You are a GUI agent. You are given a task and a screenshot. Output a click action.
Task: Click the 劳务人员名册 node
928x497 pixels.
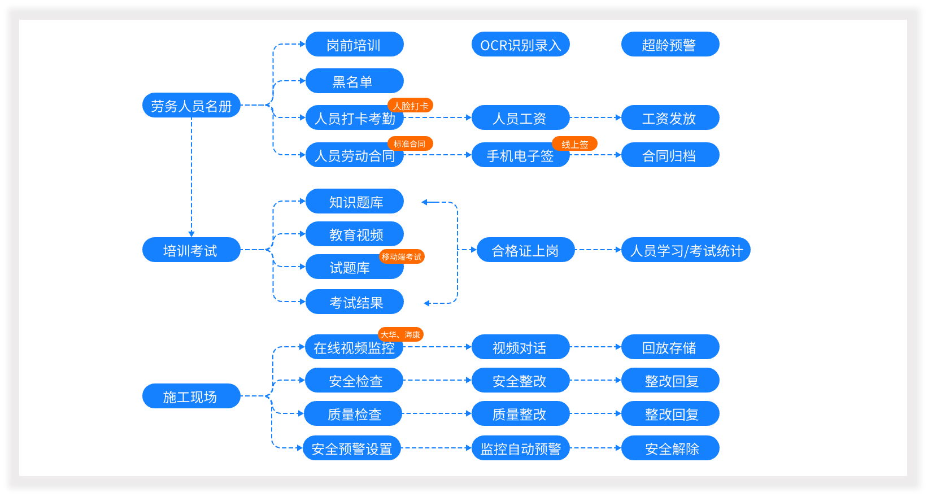point(191,106)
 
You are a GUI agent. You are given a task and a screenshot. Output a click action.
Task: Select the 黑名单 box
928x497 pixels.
point(354,81)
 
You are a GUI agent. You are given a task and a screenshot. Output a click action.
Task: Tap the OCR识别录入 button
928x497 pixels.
point(520,45)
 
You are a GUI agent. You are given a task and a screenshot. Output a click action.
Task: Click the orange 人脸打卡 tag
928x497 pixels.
point(411,106)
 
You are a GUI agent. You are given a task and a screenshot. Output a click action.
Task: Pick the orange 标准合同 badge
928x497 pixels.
point(409,144)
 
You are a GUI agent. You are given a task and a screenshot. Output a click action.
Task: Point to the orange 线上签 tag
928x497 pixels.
point(574,144)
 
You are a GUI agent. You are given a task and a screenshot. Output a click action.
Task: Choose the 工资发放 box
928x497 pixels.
point(670,118)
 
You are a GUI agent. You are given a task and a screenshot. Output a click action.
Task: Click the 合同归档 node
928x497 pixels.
point(670,155)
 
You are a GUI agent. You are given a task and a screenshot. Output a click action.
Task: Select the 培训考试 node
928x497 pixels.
point(191,250)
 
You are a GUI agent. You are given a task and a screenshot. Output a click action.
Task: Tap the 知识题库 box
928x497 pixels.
point(354,202)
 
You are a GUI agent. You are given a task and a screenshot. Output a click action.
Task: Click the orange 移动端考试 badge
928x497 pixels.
point(402,257)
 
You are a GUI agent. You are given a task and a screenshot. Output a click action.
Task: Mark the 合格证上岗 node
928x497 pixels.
point(525,250)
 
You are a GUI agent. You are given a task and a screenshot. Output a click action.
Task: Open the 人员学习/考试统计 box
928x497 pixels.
point(686,250)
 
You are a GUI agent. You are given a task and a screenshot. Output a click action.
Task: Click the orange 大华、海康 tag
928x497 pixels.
point(400,335)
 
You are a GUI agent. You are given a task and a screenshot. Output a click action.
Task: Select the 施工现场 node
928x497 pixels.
point(191,396)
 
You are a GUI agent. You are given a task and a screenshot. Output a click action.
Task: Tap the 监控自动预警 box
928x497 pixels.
point(520,448)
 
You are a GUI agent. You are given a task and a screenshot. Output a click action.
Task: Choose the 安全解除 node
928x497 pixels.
point(670,448)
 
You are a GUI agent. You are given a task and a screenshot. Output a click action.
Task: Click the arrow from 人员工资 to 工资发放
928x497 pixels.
point(595,117)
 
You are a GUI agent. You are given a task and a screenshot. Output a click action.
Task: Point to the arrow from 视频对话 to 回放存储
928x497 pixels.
point(595,347)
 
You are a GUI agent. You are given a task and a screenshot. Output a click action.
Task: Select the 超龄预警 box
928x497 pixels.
point(670,45)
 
